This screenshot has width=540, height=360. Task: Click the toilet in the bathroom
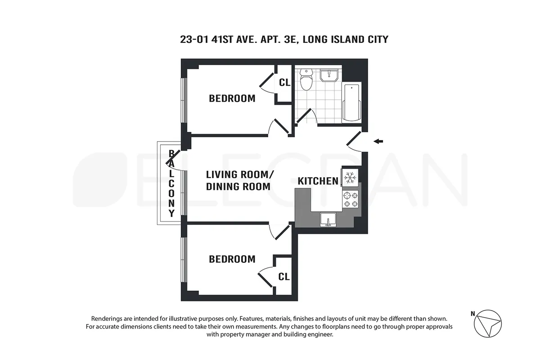point(307,80)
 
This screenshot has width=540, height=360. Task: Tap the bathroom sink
point(331,75)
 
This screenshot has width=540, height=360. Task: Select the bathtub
point(351,103)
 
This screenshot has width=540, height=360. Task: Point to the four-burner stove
point(351,199)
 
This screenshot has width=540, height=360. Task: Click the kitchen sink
point(328,220)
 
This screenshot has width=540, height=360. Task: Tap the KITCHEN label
point(318,181)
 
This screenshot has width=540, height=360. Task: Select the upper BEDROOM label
point(232,98)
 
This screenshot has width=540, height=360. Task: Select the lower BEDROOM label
point(232,259)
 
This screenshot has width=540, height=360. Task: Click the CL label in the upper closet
point(284,83)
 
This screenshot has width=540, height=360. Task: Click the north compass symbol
point(489,323)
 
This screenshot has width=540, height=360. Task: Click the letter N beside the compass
point(472,314)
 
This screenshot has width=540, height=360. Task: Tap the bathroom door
point(305,116)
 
